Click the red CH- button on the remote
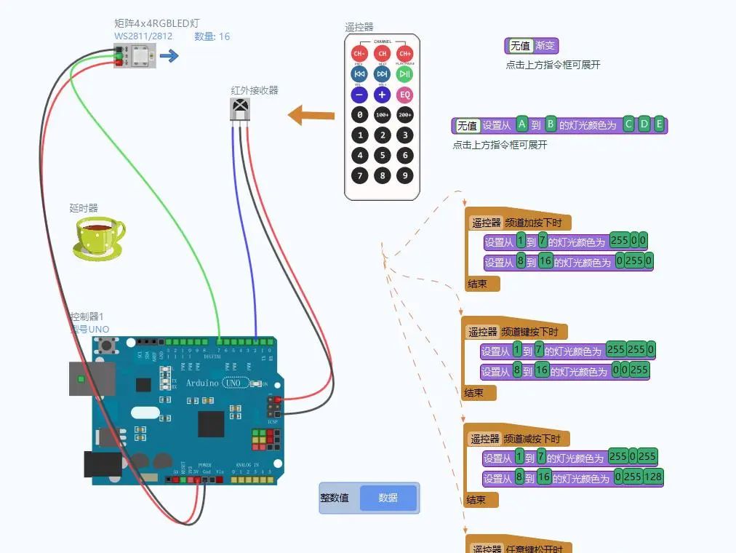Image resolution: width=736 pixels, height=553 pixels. pos(359,54)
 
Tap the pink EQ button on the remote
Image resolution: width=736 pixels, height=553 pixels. pos(404,95)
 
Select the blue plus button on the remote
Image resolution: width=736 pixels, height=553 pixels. pos(383,95)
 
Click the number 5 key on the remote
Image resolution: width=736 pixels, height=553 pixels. pos(383,155)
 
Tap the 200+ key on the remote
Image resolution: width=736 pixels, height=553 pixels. pos(404,115)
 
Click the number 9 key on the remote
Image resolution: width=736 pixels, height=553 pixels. pos(404,175)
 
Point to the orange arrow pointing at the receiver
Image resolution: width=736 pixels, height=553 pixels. pos(311,115)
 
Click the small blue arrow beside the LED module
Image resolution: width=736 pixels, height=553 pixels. pos(169,56)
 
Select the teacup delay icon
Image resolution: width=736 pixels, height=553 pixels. pos(98,239)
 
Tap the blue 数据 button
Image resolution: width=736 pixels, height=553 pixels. pos(388,498)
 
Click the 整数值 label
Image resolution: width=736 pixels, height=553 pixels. pos(335,498)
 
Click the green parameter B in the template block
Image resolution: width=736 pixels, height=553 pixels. pos(551,124)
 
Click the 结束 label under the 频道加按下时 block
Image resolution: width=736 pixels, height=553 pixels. pos(478,283)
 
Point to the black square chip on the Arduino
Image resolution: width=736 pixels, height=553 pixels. pos(211,423)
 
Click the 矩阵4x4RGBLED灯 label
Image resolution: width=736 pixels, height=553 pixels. pos(157,23)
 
